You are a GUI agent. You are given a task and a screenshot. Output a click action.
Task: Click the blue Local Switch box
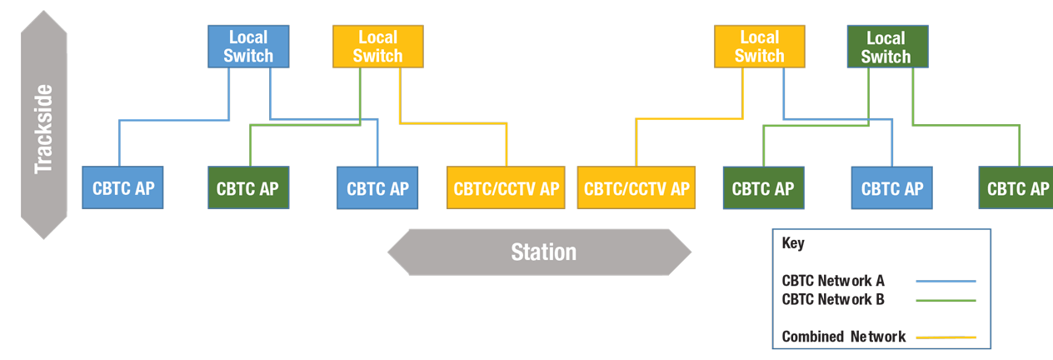click(x=248, y=47)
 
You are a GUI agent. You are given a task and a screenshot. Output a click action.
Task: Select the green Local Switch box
click(x=886, y=47)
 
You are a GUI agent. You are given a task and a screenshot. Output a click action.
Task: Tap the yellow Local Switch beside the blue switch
click(x=377, y=47)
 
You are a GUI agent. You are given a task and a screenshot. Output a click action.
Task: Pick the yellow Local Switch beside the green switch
click(x=759, y=47)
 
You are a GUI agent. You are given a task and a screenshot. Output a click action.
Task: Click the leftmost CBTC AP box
click(x=122, y=188)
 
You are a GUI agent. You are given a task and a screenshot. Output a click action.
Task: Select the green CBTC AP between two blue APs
click(x=247, y=188)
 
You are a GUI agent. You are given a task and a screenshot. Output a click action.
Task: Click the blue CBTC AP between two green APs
click(x=891, y=188)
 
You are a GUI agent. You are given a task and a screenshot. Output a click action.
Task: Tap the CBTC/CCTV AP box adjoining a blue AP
click(x=506, y=188)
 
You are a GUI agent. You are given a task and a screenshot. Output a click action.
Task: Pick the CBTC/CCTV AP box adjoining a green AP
click(x=636, y=188)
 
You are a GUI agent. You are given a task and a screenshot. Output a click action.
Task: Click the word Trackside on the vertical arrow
click(x=43, y=129)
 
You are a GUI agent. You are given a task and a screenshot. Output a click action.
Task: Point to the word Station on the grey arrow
click(x=543, y=252)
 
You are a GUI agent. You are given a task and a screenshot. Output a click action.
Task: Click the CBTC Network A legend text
click(x=833, y=281)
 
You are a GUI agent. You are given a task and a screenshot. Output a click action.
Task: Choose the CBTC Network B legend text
click(x=833, y=299)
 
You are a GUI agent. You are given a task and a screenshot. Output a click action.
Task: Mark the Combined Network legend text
click(x=843, y=337)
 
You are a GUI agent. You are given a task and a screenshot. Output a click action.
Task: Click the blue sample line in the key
click(x=946, y=282)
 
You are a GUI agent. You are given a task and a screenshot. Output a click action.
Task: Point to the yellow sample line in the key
click(x=946, y=337)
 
